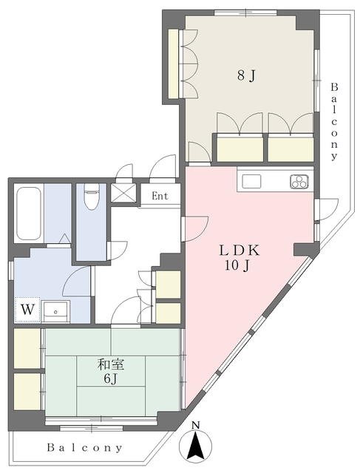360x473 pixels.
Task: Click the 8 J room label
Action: tap(246, 75)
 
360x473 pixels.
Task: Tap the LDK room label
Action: tap(240, 251)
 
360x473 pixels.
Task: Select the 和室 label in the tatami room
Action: tap(110, 365)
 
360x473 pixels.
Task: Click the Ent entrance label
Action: tap(160, 196)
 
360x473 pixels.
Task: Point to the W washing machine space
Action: tap(27, 309)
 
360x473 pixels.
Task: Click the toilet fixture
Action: tap(91, 196)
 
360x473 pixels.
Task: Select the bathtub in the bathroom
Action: tap(29, 214)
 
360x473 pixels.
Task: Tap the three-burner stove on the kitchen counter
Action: tap(299, 182)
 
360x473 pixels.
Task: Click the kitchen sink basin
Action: tap(251, 182)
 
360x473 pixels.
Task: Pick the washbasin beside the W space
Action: tap(55, 311)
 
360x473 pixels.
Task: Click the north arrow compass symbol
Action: tap(196, 446)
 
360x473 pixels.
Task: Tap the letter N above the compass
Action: tap(196, 426)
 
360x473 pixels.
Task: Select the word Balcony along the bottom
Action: tap(85, 448)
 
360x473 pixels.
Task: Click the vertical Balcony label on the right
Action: tap(334, 121)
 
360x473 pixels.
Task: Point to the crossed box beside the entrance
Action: tap(123, 193)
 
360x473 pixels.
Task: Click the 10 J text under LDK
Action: tap(237, 265)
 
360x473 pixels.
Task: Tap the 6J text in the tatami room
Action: tap(110, 379)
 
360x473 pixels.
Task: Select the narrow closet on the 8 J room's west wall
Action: tap(173, 64)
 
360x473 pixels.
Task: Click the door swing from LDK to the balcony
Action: tap(327, 209)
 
